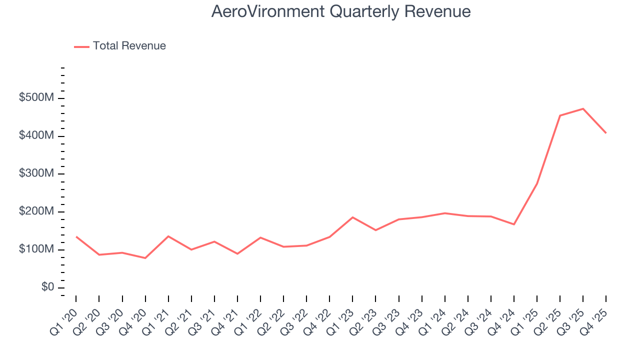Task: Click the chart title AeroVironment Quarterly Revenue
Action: coord(340,11)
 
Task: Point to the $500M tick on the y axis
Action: coord(36,98)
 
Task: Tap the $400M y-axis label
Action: coord(36,136)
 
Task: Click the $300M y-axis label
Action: coord(36,173)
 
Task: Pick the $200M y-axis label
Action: coord(36,211)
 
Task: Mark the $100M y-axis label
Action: coord(36,249)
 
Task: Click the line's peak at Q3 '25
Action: coord(583,108)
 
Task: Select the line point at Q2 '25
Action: coord(560,115)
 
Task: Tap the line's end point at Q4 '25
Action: coord(606,133)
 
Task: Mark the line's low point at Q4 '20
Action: coord(145,258)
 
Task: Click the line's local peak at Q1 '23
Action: coord(352,217)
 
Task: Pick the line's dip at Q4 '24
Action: coord(514,224)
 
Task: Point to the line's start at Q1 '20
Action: coord(76,236)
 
